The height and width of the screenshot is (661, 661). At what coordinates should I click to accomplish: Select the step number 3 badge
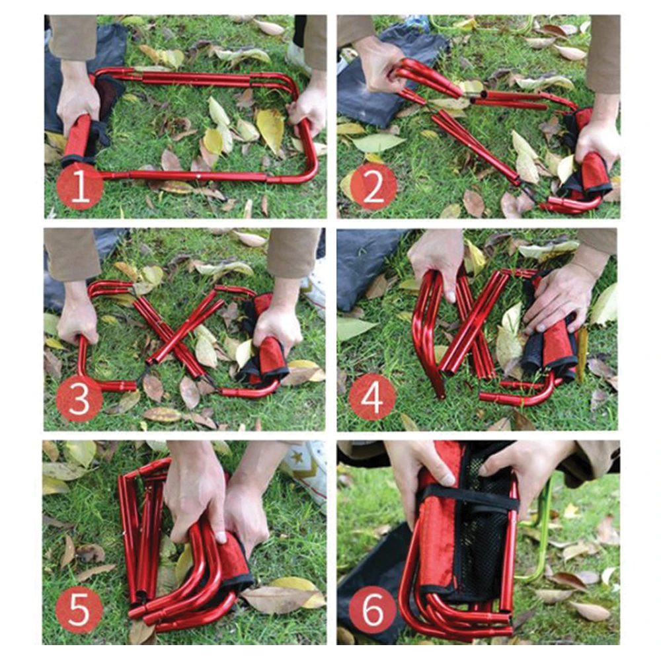click(79, 399)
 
